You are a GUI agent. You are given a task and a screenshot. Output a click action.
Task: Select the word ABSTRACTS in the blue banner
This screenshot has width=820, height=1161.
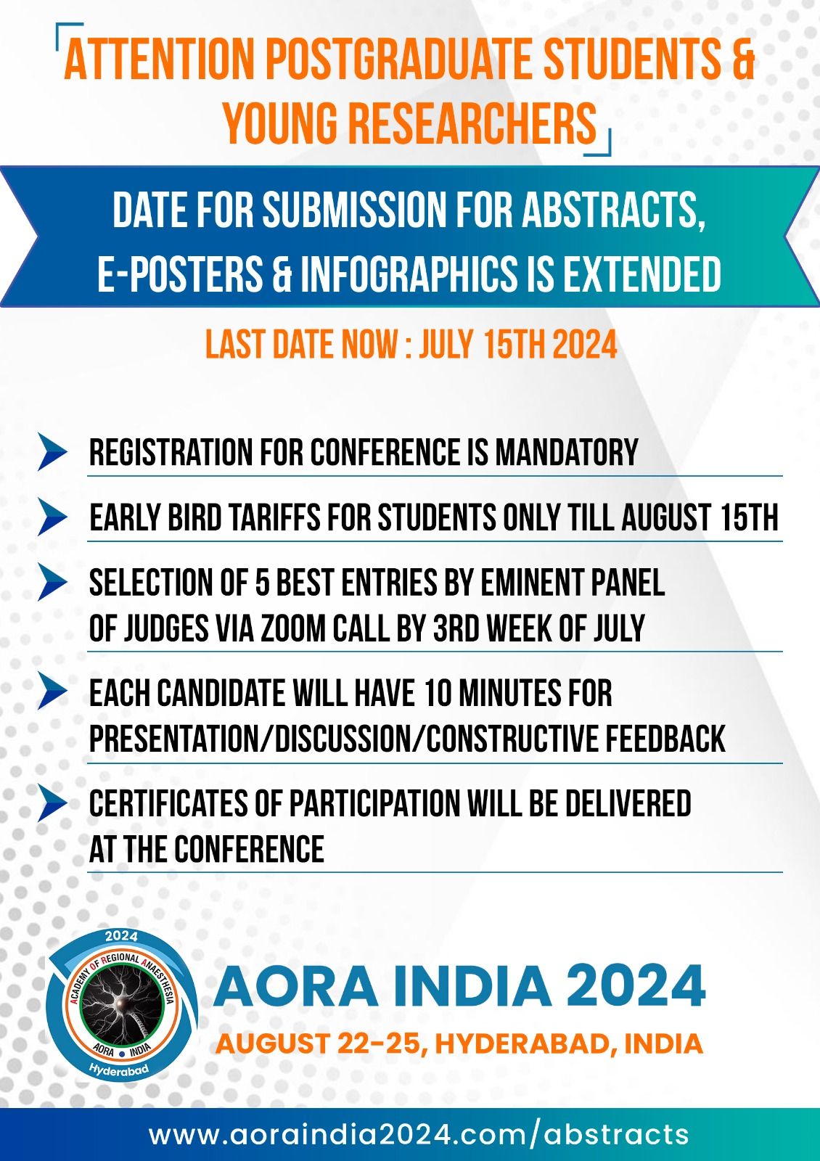(x=613, y=210)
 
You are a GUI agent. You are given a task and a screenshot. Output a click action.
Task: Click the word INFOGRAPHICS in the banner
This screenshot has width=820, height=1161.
(x=409, y=273)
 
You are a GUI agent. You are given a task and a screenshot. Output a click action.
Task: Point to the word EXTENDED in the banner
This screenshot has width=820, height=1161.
(x=642, y=273)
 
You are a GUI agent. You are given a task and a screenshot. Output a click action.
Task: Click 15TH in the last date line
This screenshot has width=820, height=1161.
(x=515, y=344)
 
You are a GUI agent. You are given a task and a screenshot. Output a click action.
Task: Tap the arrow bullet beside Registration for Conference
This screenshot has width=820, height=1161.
(x=52, y=452)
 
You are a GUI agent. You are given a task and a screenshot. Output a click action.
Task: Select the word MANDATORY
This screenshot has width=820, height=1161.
(x=567, y=452)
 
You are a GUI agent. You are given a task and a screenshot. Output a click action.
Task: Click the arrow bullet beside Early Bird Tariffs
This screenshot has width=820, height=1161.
(x=52, y=517)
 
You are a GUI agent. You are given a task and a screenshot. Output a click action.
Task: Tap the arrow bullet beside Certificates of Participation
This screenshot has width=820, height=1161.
(x=52, y=803)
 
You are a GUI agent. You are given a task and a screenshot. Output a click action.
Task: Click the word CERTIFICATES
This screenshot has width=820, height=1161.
(x=168, y=803)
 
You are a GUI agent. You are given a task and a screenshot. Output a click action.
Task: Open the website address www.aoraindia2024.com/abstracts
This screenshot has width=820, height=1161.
(x=419, y=1135)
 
